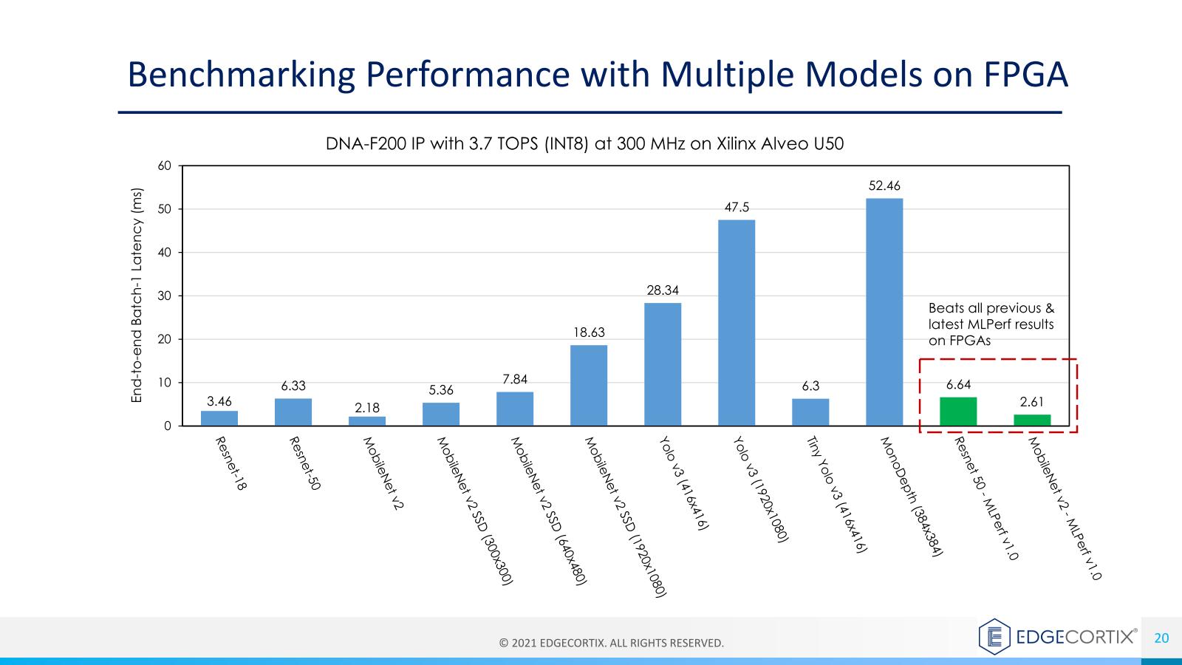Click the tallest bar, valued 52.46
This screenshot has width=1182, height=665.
884,312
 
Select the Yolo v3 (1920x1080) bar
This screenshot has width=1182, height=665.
737,323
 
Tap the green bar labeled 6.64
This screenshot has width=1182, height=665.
958,412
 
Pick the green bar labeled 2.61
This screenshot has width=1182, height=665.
1032,420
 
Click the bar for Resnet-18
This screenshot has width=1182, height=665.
219,418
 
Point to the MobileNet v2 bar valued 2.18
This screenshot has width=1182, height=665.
367,421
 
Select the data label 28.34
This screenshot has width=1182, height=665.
663,290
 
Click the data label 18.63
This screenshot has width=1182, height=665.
589,332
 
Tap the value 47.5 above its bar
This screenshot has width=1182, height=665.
737,208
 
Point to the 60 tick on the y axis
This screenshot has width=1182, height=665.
164,166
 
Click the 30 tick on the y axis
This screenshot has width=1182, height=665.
164,296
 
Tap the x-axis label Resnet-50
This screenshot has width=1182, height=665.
304,464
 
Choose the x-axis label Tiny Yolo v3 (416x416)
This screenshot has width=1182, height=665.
836,494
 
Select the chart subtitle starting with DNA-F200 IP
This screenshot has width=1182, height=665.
584,144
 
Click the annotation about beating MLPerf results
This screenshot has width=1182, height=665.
991,324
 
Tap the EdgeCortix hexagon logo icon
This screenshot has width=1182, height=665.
994,636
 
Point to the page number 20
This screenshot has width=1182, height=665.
1161,638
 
